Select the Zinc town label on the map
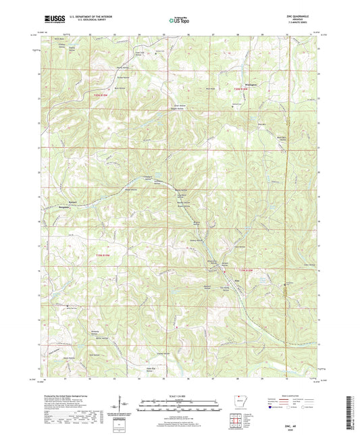click(x=236, y=282)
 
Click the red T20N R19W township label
click(x=106, y=94)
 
